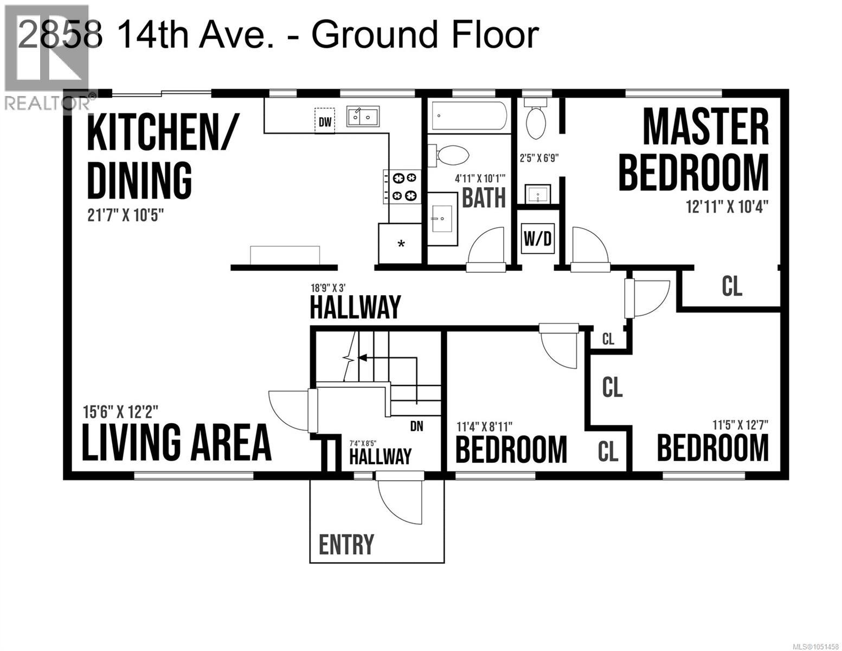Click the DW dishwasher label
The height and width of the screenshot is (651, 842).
coord(325,122)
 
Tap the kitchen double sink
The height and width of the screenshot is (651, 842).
coord(363,116)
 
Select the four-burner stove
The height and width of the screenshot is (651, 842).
coord(402,187)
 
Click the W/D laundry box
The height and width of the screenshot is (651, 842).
coord(538,239)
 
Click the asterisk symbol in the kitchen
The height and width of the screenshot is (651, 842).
coord(401,245)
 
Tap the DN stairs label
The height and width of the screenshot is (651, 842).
coord(417,426)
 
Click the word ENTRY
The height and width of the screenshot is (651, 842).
coord(346,544)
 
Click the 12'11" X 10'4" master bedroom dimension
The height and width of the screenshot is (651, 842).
coord(727,207)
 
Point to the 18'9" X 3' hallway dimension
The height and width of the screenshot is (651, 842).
coord(328,288)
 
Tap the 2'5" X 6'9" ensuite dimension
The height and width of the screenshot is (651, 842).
coord(539,158)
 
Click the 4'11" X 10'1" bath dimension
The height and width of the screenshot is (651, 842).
coord(480,178)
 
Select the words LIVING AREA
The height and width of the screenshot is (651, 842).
coord(177,442)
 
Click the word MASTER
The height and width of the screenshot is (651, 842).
coord(705,127)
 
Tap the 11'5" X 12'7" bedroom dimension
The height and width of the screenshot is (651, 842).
coord(740,425)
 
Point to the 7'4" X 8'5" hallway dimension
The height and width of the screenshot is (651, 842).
coord(363,443)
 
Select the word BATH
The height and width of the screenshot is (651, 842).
coord(484,198)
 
